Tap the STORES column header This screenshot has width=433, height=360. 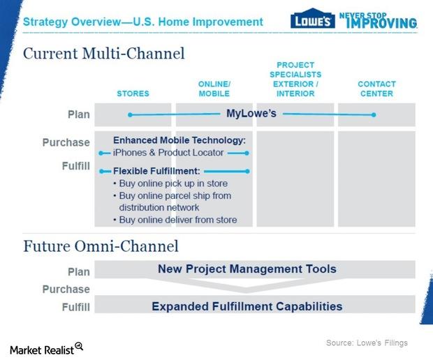(133, 93)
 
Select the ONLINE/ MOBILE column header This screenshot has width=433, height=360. (214, 89)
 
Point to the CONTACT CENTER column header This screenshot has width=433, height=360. (376, 89)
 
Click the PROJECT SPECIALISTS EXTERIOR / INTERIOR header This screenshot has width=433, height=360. (295, 79)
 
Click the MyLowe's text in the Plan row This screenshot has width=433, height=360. (251, 113)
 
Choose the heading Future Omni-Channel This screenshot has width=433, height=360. (101, 246)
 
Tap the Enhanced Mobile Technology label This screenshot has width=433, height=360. (179, 140)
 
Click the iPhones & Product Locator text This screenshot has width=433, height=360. (168, 153)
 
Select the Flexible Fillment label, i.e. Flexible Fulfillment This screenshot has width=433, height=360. (156, 170)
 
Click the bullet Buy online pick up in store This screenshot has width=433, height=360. (173, 183)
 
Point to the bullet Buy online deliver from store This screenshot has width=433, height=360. (177, 220)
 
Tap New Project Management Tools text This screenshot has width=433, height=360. (247, 269)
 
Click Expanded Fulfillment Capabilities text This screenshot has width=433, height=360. (247, 306)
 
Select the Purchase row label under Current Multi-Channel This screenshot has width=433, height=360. (66, 142)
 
